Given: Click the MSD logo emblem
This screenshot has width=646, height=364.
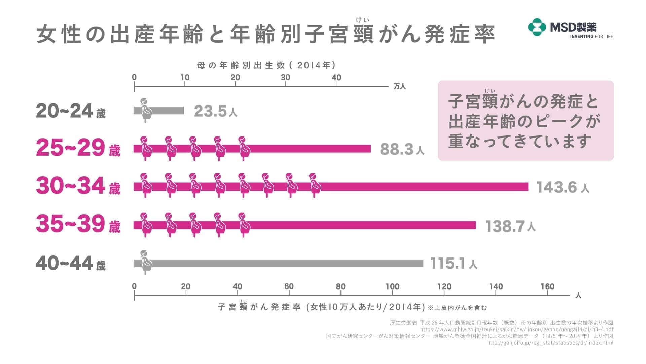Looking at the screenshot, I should (x=537, y=27).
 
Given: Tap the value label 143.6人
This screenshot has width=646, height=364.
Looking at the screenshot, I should (x=563, y=187).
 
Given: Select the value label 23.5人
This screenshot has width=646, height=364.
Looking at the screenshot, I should (x=216, y=111).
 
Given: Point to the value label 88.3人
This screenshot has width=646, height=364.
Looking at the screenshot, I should (x=402, y=149).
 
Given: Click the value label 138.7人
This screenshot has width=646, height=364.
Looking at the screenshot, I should (x=510, y=226).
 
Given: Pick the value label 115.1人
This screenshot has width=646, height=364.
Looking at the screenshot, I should (x=454, y=264).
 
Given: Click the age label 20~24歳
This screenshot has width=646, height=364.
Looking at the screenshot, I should (x=71, y=111).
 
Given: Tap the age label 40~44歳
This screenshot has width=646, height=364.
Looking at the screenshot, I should (x=71, y=263).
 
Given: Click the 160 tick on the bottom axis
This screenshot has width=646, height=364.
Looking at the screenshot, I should (x=547, y=287).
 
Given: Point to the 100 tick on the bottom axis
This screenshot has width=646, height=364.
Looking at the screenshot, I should (x=392, y=287).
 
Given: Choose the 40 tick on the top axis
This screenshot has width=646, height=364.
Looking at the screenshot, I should (x=336, y=78).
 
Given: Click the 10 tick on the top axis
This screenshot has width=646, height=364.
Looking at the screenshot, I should (x=185, y=78).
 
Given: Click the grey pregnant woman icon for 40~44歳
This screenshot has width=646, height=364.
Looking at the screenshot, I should (x=146, y=262).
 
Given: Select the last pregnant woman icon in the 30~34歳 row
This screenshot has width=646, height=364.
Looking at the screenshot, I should (x=315, y=185).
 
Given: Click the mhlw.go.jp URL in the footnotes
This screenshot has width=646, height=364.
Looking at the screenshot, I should (x=516, y=329).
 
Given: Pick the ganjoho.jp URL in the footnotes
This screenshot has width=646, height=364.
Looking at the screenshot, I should (x=550, y=343).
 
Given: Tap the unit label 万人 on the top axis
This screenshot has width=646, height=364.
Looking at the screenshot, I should (x=400, y=87).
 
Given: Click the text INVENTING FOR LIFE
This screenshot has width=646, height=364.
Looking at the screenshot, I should (x=591, y=36).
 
